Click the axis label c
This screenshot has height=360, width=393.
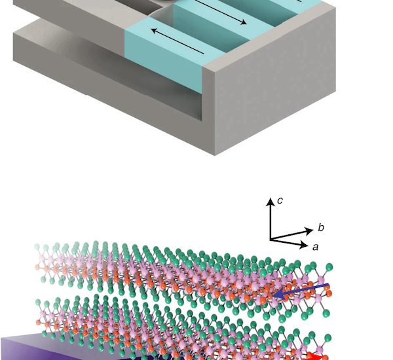pos(280,201)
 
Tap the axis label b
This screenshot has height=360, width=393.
pos(321,227)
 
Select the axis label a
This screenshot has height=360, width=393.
pos(315,247)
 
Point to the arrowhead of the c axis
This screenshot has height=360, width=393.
pos(270,202)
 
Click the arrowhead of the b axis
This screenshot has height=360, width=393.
pos(309,230)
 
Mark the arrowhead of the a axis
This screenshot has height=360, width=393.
pos(304,245)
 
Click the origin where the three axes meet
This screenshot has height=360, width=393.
pos(271,239)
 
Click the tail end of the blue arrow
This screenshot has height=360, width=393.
pos(328,285)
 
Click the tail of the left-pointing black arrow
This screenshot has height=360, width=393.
pos(204,54)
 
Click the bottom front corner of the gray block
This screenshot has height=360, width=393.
pos(215,155)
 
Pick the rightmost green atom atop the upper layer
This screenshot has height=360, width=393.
pos(329,267)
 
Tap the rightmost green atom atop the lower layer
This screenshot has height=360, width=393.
pos(328,338)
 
